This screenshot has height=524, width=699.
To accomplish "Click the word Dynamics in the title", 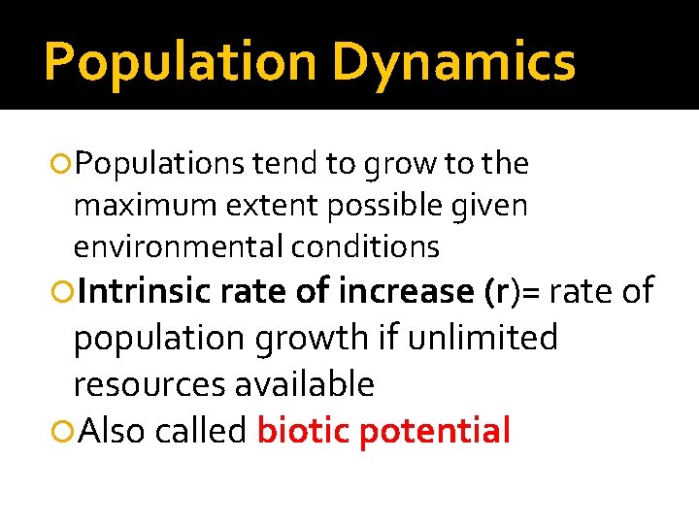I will (x=453, y=61).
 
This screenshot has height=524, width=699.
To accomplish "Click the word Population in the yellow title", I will (x=180, y=61).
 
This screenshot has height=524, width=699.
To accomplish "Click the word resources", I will (x=150, y=385).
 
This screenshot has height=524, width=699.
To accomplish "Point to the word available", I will (x=305, y=384).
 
